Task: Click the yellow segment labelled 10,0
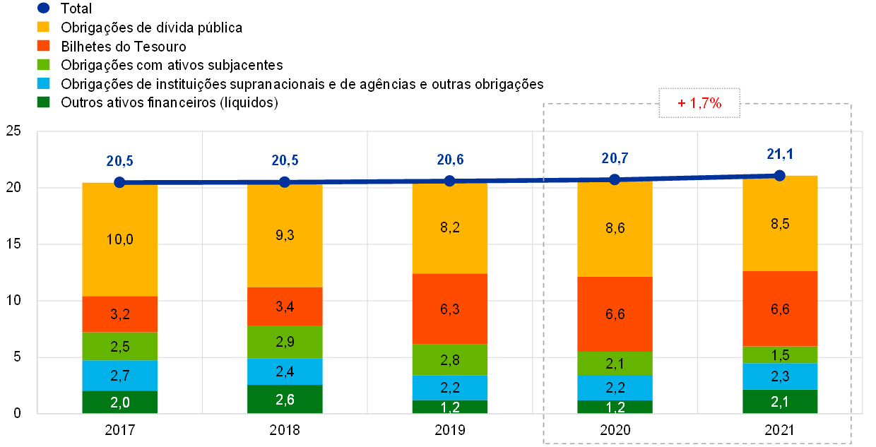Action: pyautogui.click(x=119, y=240)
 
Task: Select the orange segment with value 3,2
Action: pyautogui.click(x=119, y=314)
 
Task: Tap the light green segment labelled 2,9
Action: pyautogui.click(x=285, y=342)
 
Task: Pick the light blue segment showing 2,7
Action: pyautogui.click(x=119, y=375)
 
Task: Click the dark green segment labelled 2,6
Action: pyautogui.click(x=285, y=399)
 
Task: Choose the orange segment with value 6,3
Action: pyautogui.click(x=450, y=309)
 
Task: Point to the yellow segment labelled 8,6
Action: pyautogui.click(x=615, y=229)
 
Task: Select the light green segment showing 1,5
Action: pyautogui.click(x=780, y=354)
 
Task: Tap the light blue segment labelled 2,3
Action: pyautogui.click(x=780, y=376)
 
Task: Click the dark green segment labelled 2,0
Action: pyautogui.click(x=119, y=402)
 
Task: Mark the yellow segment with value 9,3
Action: pyautogui.click(x=285, y=235)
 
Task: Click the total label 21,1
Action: pyautogui.click(x=780, y=153)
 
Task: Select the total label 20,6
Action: pyautogui.click(x=450, y=160)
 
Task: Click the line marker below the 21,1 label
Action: pyautogui.click(x=780, y=175)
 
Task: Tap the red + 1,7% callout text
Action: pyautogui.click(x=699, y=103)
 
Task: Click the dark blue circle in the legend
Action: pyautogui.click(x=43, y=8)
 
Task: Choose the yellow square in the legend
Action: pyautogui.click(x=43, y=27)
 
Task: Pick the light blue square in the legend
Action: pyautogui.click(x=43, y=83)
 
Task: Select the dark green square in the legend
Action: pyautogui.click(x=43, y=102)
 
